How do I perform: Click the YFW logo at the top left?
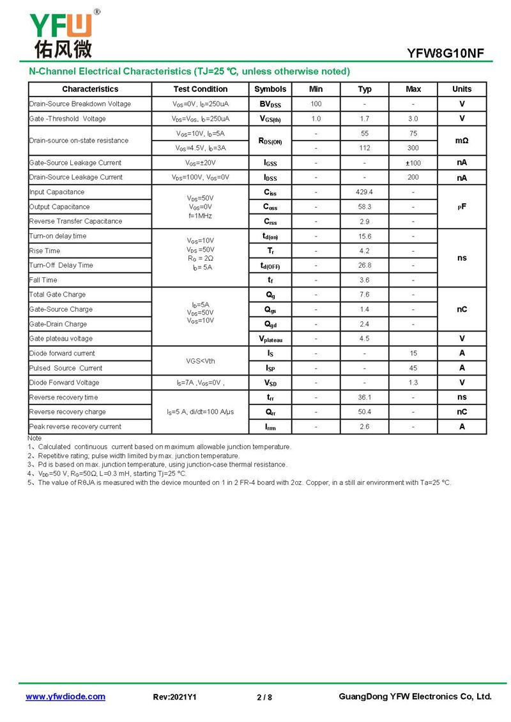[62, 33]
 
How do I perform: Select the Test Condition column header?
[200, 89]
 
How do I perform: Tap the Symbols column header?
[270, 89]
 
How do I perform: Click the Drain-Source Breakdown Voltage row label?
[80, 104]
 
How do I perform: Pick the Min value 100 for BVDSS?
[316, 104]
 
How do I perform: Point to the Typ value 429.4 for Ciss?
[364, 192]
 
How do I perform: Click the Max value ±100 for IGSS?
[413, 163]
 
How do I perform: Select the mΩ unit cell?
[462, 141]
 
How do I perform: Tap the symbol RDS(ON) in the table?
[270, 141]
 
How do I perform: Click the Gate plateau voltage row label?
[61, 339]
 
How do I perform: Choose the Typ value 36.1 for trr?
[364, 397]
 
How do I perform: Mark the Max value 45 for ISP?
[413, 368]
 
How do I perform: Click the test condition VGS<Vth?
[201, 361]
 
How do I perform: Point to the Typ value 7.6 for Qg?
[364, 295]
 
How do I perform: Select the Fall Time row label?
[43, 280]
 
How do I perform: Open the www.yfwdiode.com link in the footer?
[65, 696]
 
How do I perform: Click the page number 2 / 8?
[264, 697]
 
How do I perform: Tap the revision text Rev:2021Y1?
[175, 697]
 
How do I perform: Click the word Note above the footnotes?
[34, 438]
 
